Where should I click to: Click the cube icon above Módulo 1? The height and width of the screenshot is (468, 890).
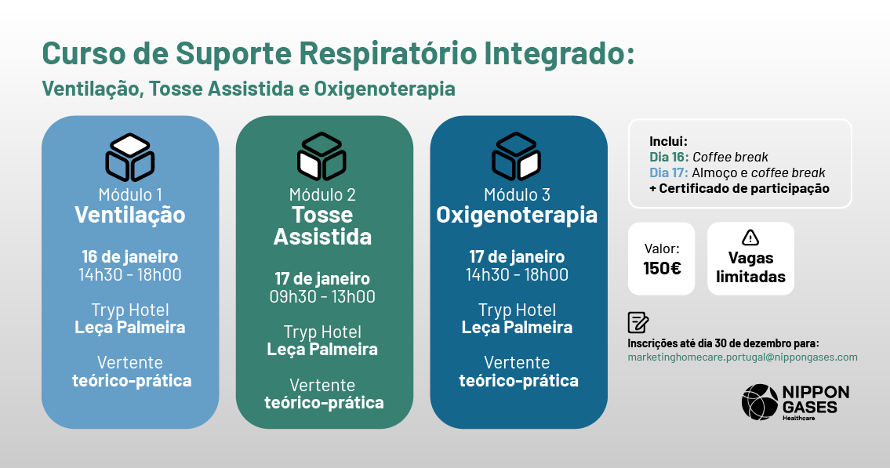[130, 157]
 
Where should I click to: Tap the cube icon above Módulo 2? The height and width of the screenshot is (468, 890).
[321, 157]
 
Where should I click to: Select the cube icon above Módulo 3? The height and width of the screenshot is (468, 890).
[516, 157]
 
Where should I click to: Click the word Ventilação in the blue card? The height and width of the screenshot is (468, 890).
[130, 215]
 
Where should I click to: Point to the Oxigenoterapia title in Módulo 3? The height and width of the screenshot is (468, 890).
[517, 216]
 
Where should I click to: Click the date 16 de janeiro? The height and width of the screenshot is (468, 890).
[130, 257]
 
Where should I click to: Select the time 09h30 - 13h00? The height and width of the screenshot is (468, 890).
[322, 296]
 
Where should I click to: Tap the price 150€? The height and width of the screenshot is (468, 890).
[662, 268]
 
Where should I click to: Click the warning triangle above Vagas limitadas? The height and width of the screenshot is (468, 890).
[750, 237]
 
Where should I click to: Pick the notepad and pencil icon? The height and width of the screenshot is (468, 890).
[638, 322]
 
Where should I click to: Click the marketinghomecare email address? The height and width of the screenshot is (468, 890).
[743, 357]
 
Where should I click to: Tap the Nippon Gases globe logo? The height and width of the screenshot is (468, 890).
[760, 402]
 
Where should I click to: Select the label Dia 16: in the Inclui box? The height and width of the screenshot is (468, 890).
[669, 157]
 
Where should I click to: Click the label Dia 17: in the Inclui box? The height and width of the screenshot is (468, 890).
[669, 173]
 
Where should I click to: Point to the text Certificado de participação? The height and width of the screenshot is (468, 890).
[744, 189]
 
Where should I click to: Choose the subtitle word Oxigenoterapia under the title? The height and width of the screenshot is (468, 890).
[384, 89]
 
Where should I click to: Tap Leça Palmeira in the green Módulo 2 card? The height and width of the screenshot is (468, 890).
[322, 350]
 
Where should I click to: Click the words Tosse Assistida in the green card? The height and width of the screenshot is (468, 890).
[322, 226]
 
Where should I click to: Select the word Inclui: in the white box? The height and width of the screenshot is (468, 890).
[668, 141]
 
